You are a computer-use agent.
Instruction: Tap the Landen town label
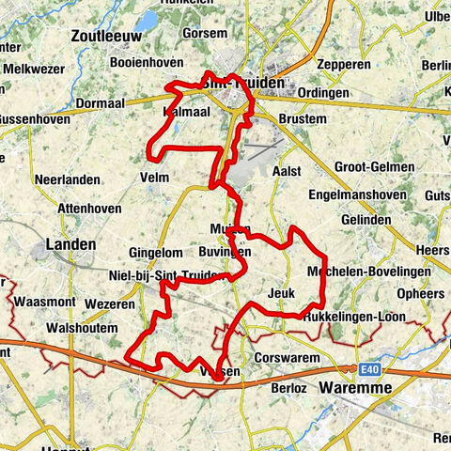coord(70,244)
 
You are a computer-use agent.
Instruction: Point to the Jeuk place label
coord(281,293)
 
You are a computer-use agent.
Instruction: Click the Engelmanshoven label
coord(362,196)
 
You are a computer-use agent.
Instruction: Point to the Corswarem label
coord(281,358)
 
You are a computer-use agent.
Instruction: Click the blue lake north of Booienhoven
coord(148,20)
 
